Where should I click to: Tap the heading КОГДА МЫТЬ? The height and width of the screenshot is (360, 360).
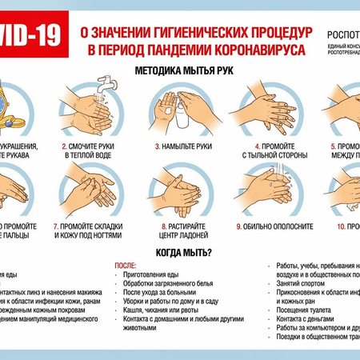pos(185,254)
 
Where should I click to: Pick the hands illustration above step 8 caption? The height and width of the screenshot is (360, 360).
pos(180,190)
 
